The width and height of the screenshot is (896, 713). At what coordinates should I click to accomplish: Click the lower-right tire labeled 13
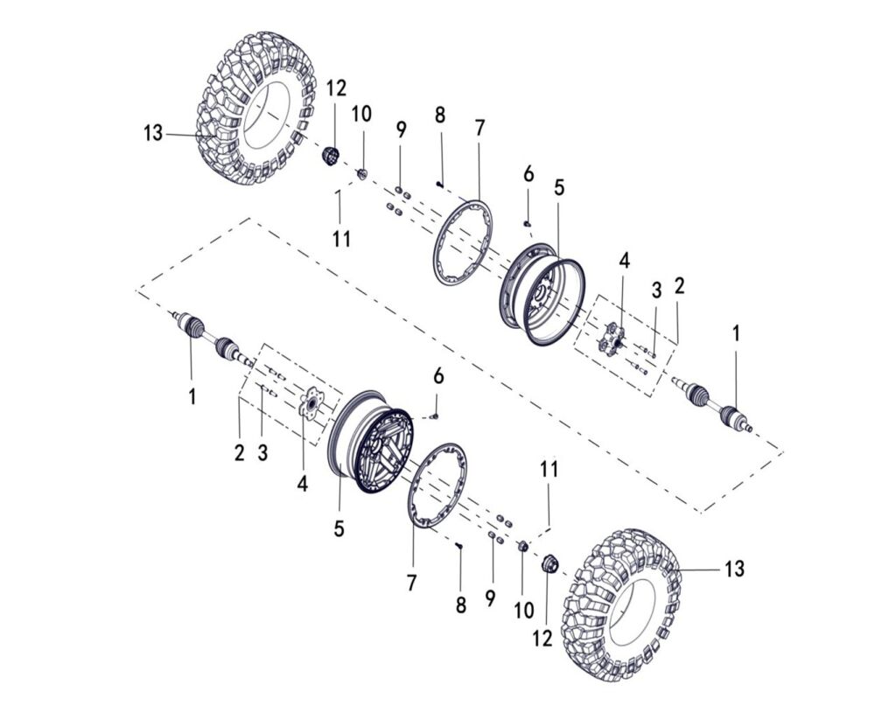[622, 604]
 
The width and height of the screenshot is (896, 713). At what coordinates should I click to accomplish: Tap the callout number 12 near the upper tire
[336, 88]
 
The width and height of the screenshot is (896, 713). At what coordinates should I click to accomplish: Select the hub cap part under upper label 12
[332, 157]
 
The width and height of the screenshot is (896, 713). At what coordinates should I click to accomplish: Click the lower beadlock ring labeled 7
[437, 486]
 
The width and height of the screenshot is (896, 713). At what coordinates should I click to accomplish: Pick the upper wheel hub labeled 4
[613, 337]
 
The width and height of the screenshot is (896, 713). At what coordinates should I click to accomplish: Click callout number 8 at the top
[439, 115]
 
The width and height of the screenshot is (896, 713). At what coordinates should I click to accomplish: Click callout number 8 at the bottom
[460, 605]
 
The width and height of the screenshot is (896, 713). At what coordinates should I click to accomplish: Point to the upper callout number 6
[528, 174]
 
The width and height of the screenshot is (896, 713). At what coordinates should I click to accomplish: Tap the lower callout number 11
[548, 469]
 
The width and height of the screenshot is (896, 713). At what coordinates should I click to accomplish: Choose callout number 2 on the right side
[679, 285]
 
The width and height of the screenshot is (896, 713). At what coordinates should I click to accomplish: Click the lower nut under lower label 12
[550, 564]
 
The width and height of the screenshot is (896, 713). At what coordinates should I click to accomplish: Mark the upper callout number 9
[401, 130]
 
